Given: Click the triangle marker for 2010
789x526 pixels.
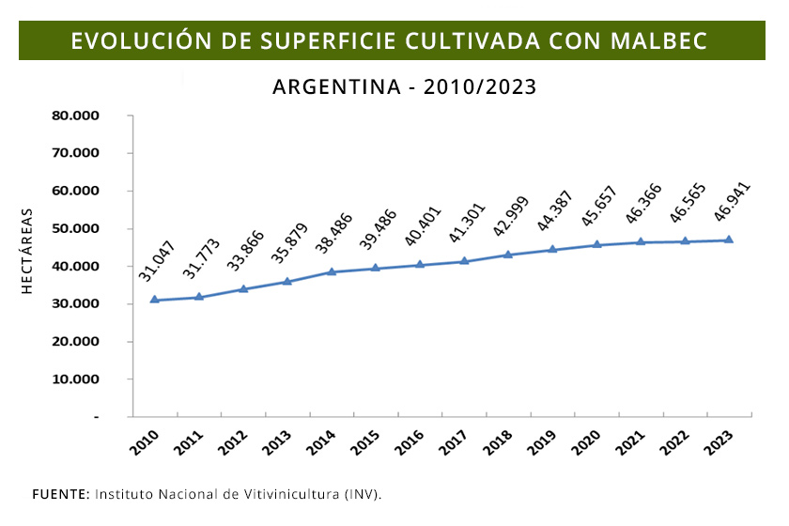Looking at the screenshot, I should click(x=155, y=300).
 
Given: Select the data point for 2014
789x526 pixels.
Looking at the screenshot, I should click(x=332, y=271).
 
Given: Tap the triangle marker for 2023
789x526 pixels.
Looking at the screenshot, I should click(x=729, y=240).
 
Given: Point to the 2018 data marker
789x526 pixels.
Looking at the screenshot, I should click(x=508, y=255).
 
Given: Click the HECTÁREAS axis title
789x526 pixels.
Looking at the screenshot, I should click(x=28, y=252).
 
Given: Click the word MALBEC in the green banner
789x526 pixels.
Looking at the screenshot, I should click(x=657, y=41).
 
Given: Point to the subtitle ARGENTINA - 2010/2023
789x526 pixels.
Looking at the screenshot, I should click(x=404, y=87).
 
